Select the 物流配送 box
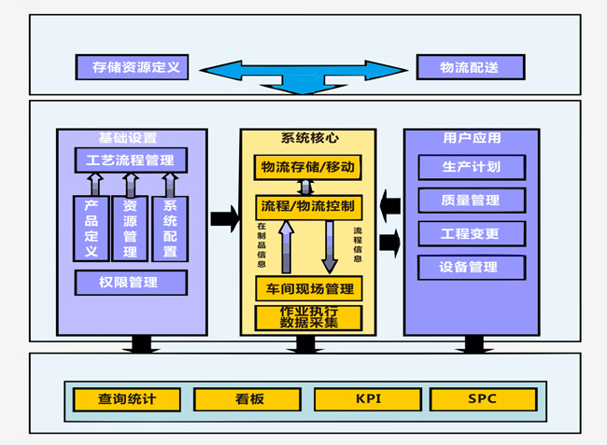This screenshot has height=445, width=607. [470, 67]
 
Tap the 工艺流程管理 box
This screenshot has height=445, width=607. [131, 160]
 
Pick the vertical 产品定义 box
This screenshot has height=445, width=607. [92, 229]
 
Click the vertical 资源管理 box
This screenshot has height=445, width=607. [131, 229]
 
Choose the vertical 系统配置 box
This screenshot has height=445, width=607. [170, 229]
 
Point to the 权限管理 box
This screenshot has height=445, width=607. [131, 282]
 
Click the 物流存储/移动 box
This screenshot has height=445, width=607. [307, 168]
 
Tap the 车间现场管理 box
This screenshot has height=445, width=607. [307, 288]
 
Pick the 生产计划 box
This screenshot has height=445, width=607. [471, 167]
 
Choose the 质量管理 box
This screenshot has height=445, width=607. [471, 200]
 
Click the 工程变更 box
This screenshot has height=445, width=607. [471, 233]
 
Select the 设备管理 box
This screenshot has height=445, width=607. [471, 267]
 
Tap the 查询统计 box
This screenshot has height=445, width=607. [127, 399]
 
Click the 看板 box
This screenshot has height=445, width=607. [248, 399]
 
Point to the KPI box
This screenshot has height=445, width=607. [368, 399]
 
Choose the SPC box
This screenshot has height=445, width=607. [483, 399]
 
